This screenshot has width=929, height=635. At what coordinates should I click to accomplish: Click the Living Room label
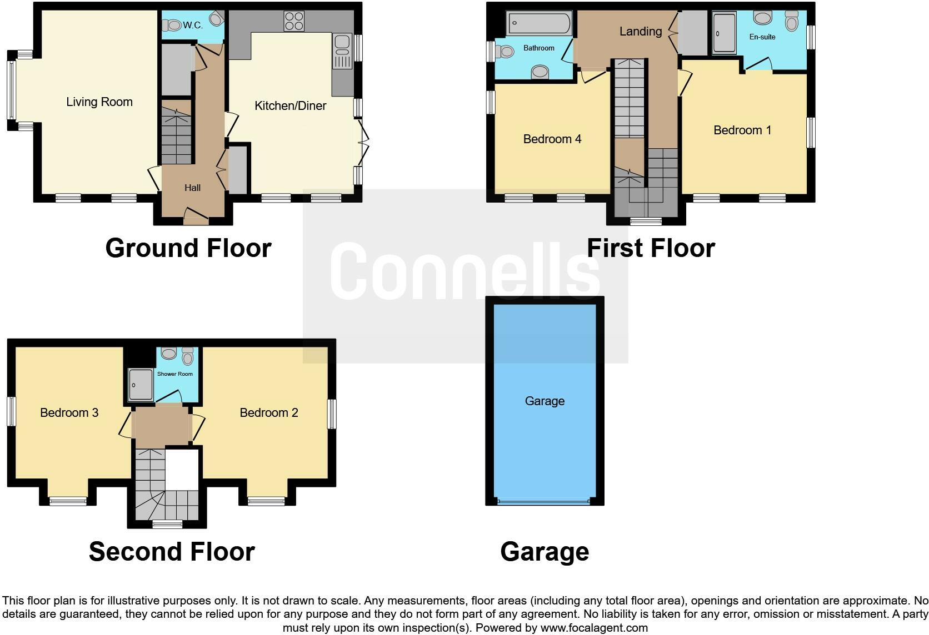pyautogui.click(x=99, y=102)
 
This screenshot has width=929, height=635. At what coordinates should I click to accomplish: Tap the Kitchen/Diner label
pyautogui.click(x=290, y=106)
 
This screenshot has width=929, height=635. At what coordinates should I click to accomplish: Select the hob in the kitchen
pyautogui.click(x=294, y=22)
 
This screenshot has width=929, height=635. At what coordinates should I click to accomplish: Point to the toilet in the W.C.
pyautogui.click(x=172, y=25)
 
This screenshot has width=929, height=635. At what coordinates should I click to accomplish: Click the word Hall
pyautogui.click(x=192, y=188)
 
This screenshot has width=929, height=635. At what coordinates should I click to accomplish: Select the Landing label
pyautogui.click(x=641, y=32)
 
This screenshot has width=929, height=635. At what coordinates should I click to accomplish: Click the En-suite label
pyautogui.click(x=762, y=37)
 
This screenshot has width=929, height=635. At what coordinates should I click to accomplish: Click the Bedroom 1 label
pyautogui.click(x=742, y=130)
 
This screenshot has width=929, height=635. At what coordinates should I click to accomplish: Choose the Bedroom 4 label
pyautogui.click(x=552, y=139)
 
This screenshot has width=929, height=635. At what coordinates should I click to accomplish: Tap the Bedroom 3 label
pyautogui.click(x=69, y=413)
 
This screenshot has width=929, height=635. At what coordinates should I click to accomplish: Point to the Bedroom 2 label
pyautogui.click(x=269, y=413)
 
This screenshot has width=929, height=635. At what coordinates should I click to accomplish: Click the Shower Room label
pyautogui.click(x=175, y=374)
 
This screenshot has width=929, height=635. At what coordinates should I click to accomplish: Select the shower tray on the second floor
pyautogui.click(x=140, y=385)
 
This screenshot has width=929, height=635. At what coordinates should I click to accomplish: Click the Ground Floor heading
pyautogui.click(x=188, y=248)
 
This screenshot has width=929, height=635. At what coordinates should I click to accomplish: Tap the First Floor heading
pyautogui.click(x=651, y=248)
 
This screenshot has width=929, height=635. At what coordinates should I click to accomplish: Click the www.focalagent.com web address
pyautogui.click(x=594, y=628)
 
